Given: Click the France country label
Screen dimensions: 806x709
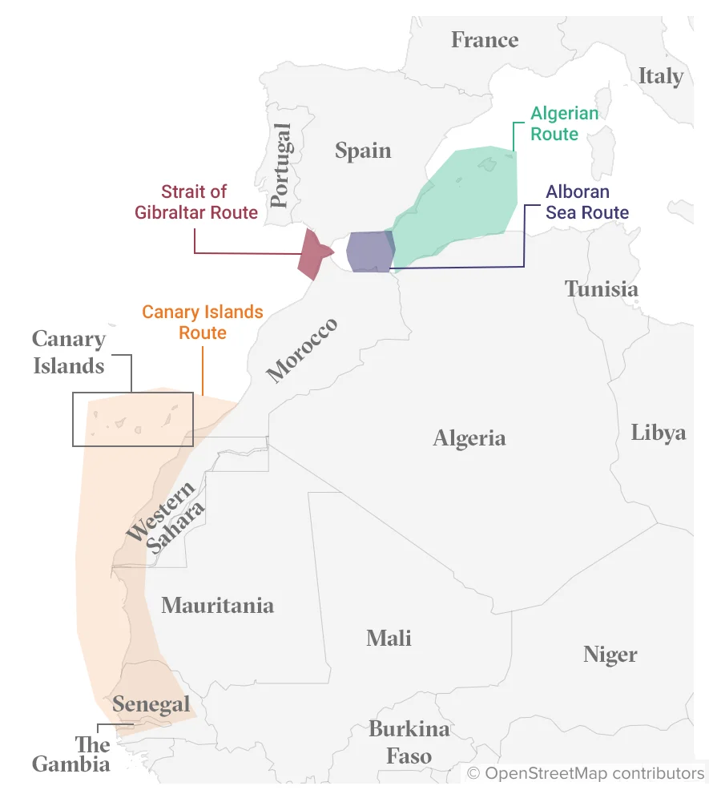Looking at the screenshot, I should pos(484,39).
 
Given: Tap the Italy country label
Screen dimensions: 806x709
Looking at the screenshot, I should pos(660,76).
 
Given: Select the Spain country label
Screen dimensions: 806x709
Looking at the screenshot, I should pos(363,151).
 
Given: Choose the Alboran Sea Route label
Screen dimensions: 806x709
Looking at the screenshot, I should pos(586,203).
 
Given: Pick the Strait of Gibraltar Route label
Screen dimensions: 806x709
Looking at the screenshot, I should pos(209,202).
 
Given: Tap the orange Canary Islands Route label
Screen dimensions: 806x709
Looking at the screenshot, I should pos(203,322).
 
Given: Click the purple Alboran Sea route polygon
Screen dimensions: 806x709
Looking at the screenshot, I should pos(369,252).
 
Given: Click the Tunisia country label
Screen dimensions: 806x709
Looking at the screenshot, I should pos(601,289).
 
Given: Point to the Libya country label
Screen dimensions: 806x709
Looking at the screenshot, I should pos(658,433).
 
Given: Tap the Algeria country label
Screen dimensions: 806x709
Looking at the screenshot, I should pos(469,438).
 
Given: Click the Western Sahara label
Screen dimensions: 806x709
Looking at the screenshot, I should pos(166,519).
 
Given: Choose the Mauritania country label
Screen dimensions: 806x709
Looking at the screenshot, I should pos(217,606).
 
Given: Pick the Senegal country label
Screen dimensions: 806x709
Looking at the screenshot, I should pos(151,704).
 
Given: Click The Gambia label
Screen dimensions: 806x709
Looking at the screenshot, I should pos(71,754).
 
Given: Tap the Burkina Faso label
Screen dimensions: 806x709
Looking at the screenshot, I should pos(409,742).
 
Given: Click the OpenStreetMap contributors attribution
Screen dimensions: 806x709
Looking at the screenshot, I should pos(586,773).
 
